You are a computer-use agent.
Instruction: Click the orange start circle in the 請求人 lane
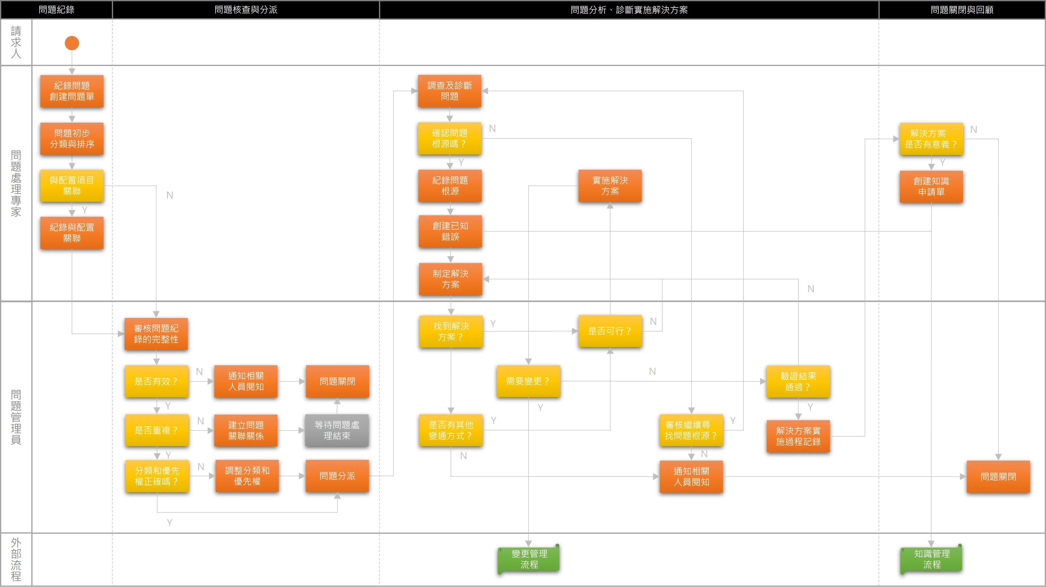pos(72,43)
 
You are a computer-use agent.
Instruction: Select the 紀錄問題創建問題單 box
pos(72,91)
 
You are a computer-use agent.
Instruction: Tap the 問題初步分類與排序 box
pos(72,138)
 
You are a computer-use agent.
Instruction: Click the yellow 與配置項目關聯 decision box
pos(72,185)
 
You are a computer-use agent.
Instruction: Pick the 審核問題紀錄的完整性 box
pos(156,334)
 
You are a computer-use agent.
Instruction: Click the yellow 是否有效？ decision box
pos(156,381)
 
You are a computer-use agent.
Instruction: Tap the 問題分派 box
pos(337,476)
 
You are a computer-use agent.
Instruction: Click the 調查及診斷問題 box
pos(449,91)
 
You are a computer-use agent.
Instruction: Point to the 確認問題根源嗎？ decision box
pos(449,138)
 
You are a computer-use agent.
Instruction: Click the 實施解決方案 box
pos(610,185)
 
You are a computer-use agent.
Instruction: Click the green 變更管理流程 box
pos(529,559)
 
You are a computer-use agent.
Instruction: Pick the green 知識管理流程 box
pos(931,559)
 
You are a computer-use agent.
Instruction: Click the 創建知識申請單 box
pos(931,186)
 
